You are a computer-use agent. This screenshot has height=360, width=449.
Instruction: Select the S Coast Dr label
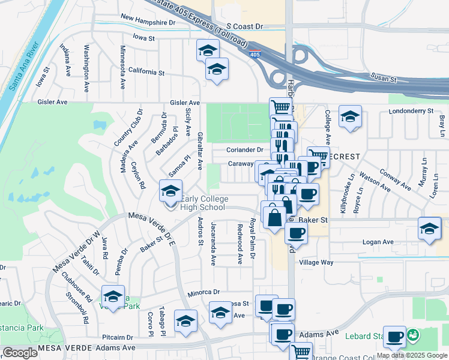245,27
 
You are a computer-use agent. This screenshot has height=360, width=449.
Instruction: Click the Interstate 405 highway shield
255,55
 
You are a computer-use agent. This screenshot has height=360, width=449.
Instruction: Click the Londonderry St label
411,111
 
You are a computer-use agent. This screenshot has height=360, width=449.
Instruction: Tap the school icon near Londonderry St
349,116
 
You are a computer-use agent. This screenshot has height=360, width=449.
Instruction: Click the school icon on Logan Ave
429,229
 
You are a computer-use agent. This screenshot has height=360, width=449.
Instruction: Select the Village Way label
316,263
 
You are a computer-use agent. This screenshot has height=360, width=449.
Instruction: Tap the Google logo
20,353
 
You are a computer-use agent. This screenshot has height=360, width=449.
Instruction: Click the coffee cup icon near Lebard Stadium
394,337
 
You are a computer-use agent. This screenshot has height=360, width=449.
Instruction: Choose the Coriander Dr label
245,150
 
